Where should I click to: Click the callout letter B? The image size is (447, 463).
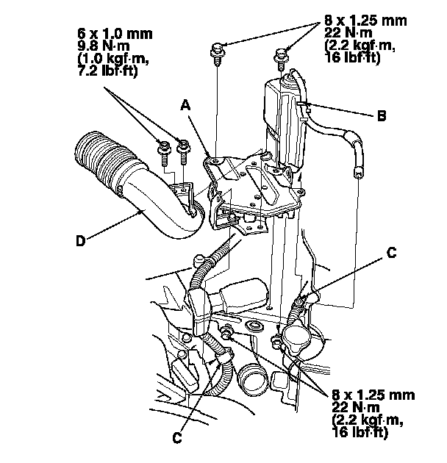381,115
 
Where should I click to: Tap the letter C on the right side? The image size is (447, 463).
391,254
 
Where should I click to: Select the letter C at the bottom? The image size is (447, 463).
176,438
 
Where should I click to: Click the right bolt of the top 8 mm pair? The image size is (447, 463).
281,53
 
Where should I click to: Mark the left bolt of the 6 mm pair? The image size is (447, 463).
162,150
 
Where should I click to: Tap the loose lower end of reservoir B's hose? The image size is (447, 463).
359,172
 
